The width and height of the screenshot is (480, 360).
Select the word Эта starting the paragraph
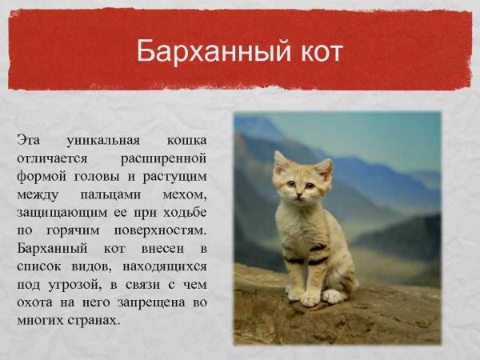[x=29, y=138]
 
